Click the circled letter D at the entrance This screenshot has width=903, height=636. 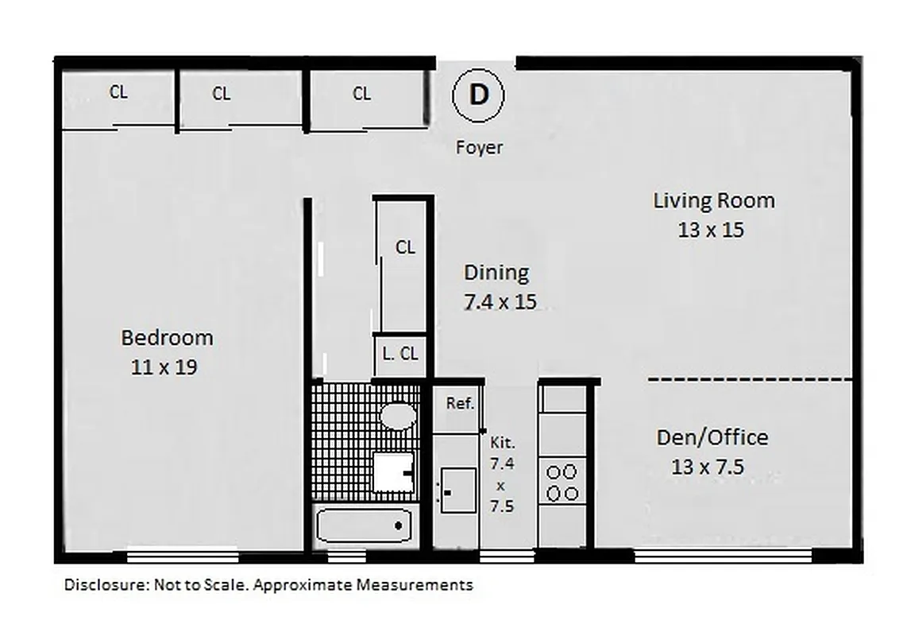(479, 95)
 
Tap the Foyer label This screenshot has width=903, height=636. (479, 147)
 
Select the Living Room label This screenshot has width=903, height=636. (713, 200)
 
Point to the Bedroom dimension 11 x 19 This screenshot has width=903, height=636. (164, 367)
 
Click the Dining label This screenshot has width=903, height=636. (496, 273)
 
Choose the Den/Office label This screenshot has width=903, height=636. (712, 437)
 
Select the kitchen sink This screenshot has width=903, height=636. (458, 490)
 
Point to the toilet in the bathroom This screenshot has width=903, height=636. (399, 415)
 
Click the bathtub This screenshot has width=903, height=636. (364, 525)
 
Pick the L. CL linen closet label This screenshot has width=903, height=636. (400, 355)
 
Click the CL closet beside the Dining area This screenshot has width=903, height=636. (404, 248)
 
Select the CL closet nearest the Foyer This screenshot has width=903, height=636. (361, 95)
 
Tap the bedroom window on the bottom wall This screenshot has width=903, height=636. (183, 556)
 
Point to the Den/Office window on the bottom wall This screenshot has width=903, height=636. (712, 556)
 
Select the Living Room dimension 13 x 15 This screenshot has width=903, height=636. (711, 230)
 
